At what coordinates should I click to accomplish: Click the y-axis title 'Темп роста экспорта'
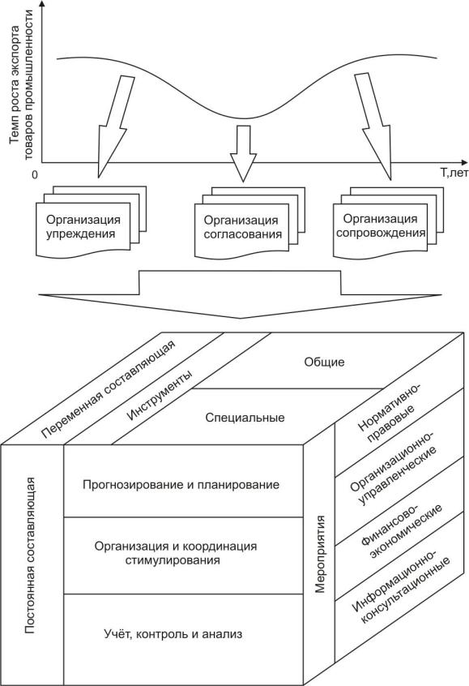tap(15, 85)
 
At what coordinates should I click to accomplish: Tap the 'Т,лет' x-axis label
tap(454, 174)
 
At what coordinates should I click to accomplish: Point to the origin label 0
tap(35, 174)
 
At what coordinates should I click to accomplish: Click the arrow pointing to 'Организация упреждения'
tap(114, 126)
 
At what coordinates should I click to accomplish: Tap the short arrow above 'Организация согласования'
tap(244, 153)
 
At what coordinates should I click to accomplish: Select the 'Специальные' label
tap(245, 418)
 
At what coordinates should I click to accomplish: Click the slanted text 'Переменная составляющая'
tap(108, 388)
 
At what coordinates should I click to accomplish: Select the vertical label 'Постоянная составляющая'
tap(30, 555)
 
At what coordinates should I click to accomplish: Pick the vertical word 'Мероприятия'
tap(320, 554)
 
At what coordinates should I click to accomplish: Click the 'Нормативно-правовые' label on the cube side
tap(389, 414)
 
